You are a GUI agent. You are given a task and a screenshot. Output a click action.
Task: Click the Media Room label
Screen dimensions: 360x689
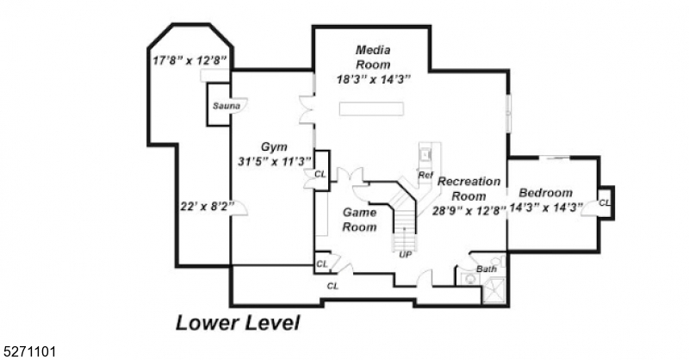(373, 57)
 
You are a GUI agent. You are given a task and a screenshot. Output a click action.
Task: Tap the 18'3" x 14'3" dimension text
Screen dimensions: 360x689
(373, 79)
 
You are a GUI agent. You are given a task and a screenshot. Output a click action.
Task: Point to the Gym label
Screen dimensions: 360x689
(275, 146)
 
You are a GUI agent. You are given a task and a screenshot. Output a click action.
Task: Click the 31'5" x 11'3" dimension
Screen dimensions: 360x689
(275, 161)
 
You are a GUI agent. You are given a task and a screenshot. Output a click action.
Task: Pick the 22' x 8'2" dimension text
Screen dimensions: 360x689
(204, 206)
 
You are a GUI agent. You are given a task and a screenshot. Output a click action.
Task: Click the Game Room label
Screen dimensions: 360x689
(360, 220)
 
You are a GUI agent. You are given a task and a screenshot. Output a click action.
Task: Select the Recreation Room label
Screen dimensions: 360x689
(469, 189)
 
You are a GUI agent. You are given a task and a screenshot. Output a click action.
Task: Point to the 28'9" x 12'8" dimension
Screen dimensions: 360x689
(469, 209)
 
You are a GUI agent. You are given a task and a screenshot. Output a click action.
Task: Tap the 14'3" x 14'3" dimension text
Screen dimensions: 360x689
(546, 207)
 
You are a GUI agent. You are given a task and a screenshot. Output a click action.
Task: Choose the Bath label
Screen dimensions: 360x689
(487, 270)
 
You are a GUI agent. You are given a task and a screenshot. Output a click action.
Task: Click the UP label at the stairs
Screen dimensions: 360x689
(404, 254)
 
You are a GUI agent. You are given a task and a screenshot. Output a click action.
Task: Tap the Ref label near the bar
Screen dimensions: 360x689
(425, 175)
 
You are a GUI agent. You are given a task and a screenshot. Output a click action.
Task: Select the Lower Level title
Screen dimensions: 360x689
(238, 324)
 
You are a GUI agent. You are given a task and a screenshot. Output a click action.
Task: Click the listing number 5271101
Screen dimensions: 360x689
(29, 351)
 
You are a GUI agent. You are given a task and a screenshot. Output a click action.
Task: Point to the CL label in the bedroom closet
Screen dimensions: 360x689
(605, 202)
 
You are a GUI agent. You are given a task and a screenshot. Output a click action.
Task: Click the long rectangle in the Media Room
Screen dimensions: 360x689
(371, 109)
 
